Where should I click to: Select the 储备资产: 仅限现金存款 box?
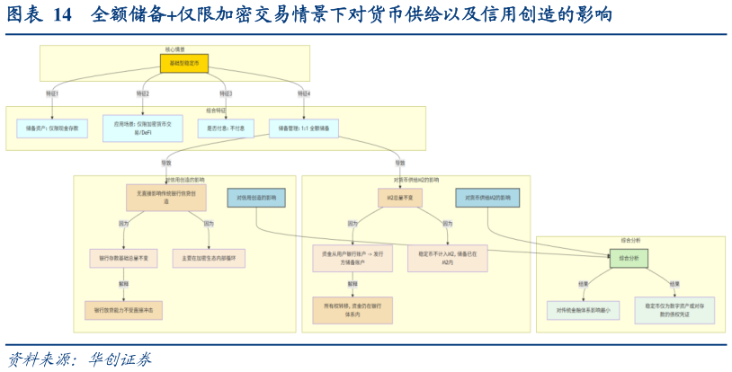53,128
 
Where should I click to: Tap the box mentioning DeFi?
137,128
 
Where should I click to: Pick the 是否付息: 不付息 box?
225,128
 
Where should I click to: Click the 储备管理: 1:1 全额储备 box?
306,128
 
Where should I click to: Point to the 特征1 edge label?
53,93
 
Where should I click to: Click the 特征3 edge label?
227,93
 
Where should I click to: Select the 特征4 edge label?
306,93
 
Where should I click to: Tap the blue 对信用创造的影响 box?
257,197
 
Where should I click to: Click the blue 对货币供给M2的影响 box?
487,197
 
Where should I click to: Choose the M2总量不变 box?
400,197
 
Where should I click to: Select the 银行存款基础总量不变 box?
124,258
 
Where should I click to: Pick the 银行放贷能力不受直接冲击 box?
124,309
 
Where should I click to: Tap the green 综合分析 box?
629,258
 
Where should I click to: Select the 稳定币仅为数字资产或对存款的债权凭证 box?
674,310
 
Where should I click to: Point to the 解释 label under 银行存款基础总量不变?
124,284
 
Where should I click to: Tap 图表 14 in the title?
40,15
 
